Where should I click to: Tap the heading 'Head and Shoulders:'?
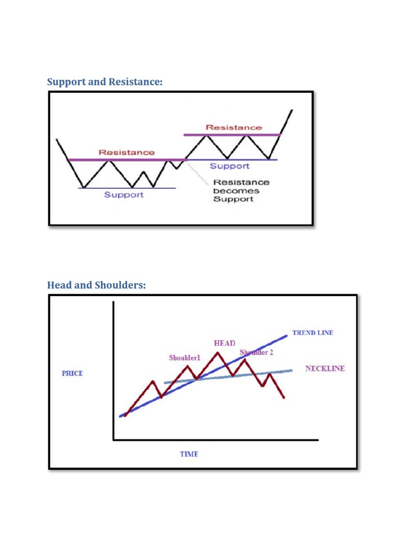[96, 285]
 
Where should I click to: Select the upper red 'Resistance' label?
[234, 127]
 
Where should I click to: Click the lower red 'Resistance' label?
[127, 152]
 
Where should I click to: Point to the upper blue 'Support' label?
[230, 166]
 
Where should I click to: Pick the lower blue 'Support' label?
[124, 195]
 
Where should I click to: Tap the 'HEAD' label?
[224, 343]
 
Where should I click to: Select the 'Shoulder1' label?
[184, 358]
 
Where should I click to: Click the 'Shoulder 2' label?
[256, 353]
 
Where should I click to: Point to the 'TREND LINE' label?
[312, 333]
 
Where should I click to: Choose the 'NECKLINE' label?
[324, 368]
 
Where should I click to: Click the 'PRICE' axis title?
[72, 373]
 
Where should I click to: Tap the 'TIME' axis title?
[189, 454]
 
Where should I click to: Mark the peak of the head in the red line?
[217, 353]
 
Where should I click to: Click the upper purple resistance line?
[232, 135]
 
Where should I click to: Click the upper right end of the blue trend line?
[286, 335]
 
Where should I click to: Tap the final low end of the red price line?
[284, 398]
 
